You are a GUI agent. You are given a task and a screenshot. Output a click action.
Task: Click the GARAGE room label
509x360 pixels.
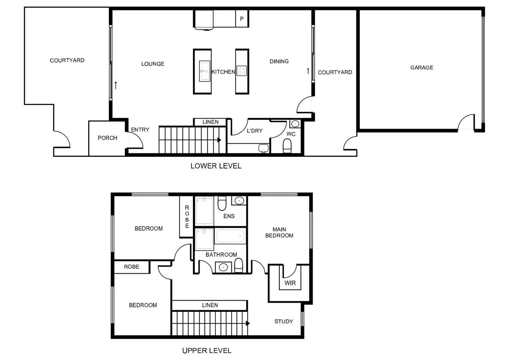[421, 68]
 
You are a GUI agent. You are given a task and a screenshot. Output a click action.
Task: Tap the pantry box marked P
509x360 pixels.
[242, 19]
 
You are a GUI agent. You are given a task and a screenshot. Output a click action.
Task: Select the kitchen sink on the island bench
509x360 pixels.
[204, 71]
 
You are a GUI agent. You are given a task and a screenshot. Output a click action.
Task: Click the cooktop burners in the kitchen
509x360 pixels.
[242, 71]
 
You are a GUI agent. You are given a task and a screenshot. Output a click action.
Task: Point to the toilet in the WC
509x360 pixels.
[287, 145]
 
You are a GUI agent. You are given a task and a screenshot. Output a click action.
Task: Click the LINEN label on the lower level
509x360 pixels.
[211, 122]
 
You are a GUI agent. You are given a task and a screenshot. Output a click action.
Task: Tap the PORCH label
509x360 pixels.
[107, 138]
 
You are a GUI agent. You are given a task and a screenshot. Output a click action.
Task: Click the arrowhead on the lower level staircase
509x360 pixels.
[219, 140]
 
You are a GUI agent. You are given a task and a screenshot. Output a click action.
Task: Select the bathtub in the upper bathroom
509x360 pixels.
[230, 236]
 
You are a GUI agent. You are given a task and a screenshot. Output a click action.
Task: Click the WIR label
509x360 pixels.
[290, 283]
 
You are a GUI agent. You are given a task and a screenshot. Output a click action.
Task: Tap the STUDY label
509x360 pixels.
[284, 321]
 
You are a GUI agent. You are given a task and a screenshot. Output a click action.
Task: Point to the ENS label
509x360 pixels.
[229, 216]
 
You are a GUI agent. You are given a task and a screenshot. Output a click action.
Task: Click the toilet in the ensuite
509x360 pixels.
[222, 203]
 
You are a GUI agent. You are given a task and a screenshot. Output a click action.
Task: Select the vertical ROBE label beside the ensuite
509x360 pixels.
[187, 217]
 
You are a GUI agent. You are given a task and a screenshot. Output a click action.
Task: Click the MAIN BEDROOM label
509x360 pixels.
[279, 232]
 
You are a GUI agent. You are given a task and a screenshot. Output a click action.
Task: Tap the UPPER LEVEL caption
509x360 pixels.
[207, 351]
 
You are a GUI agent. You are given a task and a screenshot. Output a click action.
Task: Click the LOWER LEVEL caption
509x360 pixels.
[216, 166]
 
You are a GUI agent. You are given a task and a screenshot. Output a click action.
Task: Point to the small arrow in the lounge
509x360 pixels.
[116, 85]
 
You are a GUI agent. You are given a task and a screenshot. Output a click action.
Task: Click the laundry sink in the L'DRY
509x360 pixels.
[263, 148]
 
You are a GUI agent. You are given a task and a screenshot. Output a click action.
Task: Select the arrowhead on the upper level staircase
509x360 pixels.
[248, 323]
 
